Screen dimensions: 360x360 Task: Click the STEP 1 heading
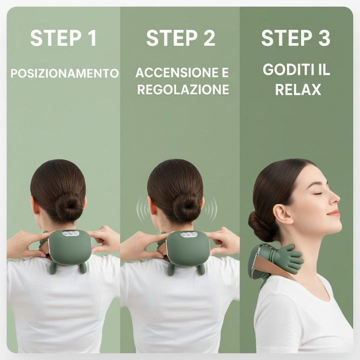pos(63,38)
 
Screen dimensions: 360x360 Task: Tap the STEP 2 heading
pos(180,38)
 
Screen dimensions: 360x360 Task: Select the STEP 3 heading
pos(295,38)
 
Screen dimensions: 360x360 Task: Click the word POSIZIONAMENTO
pos(64,73)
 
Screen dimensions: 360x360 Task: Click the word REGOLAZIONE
pos(183,90)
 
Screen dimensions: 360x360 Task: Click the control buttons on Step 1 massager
pos(70,233)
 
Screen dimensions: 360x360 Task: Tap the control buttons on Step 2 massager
pos(188,234)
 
